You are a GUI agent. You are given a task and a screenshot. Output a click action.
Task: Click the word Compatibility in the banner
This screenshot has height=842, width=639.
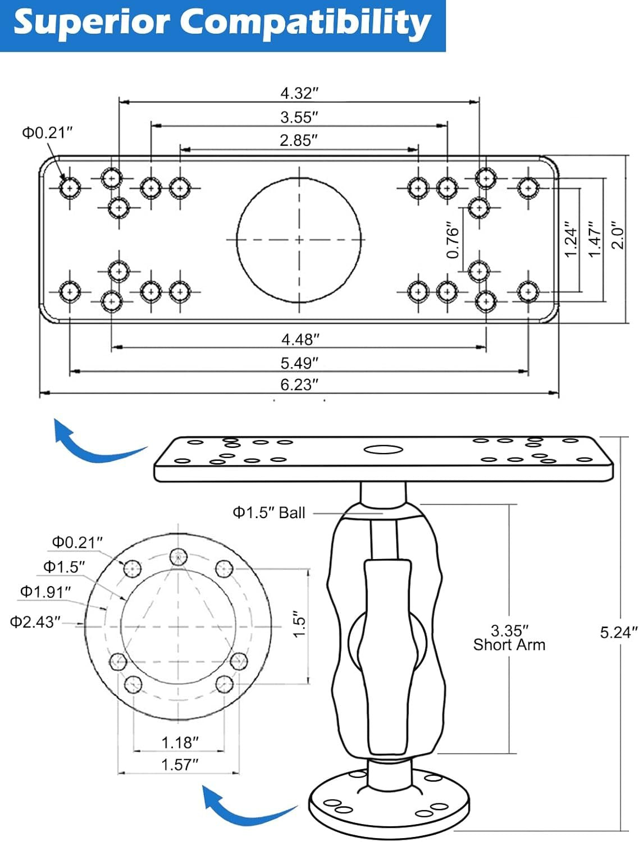(305, 23)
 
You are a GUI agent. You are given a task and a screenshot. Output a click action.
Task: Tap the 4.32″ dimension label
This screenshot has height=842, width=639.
(299, 93)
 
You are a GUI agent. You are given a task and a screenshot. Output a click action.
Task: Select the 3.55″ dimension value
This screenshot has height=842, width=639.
(299, 117)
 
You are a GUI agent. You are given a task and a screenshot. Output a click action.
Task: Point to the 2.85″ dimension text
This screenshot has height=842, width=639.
(299, 140)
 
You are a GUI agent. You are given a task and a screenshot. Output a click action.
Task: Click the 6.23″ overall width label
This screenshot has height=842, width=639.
(299, 385)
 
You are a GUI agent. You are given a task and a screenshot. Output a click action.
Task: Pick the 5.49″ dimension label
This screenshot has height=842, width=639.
(299, 363)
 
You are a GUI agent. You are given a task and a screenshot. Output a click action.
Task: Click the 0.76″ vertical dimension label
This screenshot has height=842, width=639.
(453, 240)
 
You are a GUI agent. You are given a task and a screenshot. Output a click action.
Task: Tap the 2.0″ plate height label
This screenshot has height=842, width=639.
(618, 235)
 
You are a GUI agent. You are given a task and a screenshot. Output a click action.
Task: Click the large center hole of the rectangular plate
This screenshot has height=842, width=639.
(299, 240)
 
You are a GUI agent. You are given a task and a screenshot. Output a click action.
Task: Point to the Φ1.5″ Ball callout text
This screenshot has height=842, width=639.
(269, 512)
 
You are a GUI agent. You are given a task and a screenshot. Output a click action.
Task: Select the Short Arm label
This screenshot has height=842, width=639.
(509, 645)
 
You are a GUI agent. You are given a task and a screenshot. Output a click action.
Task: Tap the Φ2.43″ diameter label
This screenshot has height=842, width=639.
(35, 622)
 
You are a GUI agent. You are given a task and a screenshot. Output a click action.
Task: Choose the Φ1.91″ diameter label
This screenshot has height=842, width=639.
(45, 592)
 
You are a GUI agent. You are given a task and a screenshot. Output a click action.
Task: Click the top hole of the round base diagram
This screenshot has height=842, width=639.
(179, 557)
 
